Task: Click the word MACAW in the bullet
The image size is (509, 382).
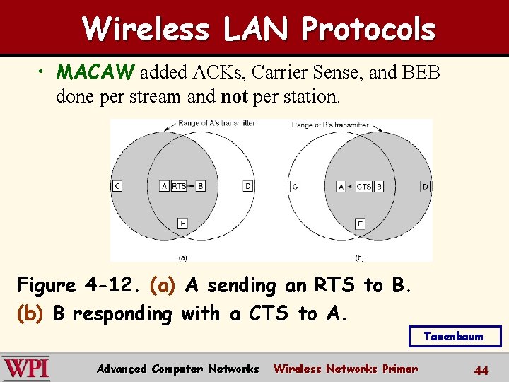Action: tap(97, 72)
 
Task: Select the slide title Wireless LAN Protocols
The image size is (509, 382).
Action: tap(259, 30)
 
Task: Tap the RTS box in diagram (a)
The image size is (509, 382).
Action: tap(180, 186)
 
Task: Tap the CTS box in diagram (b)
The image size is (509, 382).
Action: tap(363, 187)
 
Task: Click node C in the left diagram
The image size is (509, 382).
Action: tap(117, 186)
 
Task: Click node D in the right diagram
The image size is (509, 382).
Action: tap(425, 187)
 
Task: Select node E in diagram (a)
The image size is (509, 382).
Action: tap(182, 224)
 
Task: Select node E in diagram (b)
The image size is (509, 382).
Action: tap(360, 224)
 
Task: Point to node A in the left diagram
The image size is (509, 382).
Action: tap(164, 186)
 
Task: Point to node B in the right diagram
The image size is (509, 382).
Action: tap(379, 187)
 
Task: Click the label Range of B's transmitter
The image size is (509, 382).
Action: tap(330, 125)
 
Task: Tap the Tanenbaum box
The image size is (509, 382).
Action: tap(455, 337)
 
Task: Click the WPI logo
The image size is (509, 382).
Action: tap(26, 368)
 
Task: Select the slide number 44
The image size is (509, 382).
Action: tap(481, 370)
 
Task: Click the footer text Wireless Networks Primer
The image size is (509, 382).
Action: tap(345, 369)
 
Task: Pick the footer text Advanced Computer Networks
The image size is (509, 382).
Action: tap(177, 369)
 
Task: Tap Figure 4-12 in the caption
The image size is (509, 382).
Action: tap(81, 286)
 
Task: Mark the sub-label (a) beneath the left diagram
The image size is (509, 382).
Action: tap(182, 257)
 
